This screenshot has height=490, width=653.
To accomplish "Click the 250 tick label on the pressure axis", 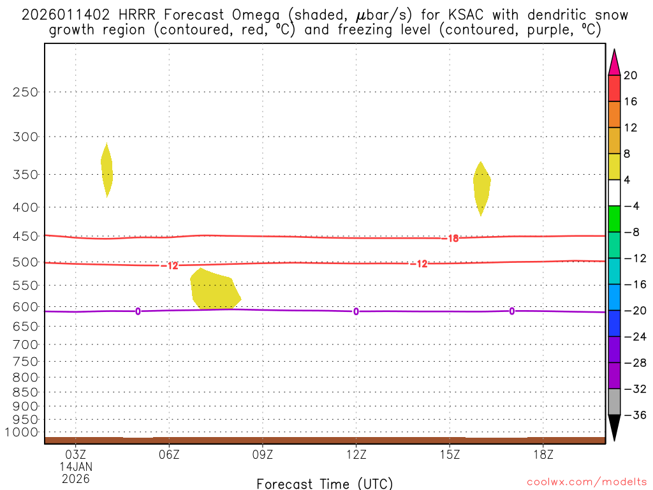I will click(x=26, y=92).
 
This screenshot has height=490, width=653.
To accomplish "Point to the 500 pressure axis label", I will click(x=26, y=262).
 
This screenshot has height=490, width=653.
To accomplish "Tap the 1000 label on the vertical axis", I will click(x=23, y=433).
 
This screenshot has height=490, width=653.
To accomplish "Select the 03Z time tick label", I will click(x=76, y=454).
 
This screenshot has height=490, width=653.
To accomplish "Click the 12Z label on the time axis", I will click(x=356, y=454).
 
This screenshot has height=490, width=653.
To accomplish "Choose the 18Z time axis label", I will click(x=543, y=454).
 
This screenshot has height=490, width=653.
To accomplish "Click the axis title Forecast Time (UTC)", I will click(x=325, y=483).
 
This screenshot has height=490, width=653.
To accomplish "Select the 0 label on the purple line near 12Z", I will click(x=356, y=311).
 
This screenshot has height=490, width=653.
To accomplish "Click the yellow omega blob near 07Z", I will click(x=214, y=291).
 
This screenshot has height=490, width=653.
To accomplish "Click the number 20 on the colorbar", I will click(x=631, y=75).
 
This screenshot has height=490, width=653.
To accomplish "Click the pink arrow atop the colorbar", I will click(x=614, y=63).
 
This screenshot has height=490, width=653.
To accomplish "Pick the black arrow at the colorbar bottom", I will click(x=614, y=427).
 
